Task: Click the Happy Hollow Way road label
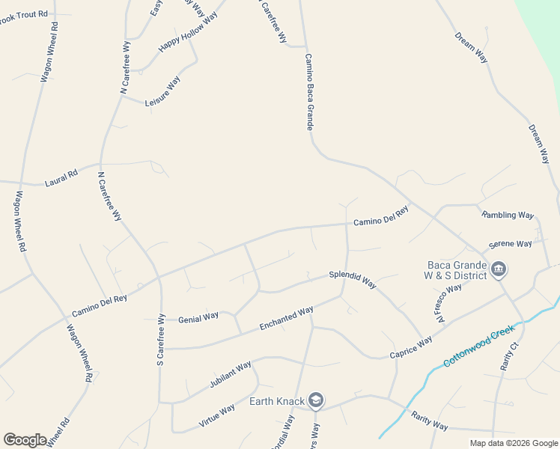coord(188,32)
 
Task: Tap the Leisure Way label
coord(162,91)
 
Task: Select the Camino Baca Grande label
coord(308,91)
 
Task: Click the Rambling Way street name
coord(508,215)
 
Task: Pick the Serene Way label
coord(510,244)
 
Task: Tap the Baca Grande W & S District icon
coord(499,269)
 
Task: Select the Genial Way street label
coord(198,317)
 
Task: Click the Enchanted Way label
coord(286,319)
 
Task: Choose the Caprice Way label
coord(411,347)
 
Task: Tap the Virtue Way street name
coord(217,414)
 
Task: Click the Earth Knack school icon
coord(316,401)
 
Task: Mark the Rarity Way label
coord(430,421)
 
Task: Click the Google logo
coord(25,439)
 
